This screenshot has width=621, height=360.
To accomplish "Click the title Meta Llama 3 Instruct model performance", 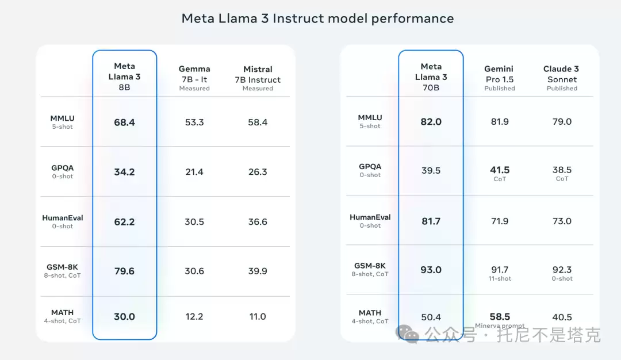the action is tap(317, 18).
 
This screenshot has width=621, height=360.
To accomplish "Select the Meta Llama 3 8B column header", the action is tap(124, 76).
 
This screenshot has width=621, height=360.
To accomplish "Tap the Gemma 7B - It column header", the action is tap(194, 78).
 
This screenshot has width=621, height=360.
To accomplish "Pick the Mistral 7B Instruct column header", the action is tap(258, 78).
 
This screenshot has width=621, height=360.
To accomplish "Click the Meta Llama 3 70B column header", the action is tap(431, 77).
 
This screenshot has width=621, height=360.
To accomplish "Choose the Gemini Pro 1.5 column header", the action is tap(500, 78).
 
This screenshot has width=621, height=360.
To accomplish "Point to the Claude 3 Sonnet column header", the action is tap(562, 78).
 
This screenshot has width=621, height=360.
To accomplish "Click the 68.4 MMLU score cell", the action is tap(124, 122).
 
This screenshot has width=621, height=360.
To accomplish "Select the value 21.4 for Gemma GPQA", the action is tap(194, 172).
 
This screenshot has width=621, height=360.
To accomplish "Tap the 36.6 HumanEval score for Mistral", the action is tap(258, 222).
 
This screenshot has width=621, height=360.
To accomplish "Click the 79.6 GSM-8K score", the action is tap(124, 271).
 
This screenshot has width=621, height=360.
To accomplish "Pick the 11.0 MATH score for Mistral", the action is tap(258, 317).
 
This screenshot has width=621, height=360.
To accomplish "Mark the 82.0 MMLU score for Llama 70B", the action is tap(431, 121).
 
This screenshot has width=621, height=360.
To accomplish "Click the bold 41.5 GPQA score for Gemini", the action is tap(500, 170).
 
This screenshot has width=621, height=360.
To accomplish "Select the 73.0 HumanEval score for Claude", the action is tap(562, 221).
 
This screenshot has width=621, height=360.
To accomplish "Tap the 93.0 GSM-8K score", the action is tap(431, 270).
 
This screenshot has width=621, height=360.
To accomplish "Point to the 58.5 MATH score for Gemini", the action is tap(500, 317).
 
